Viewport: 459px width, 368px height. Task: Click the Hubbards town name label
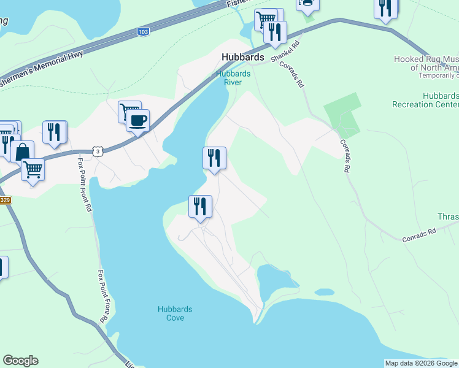coord(242,57)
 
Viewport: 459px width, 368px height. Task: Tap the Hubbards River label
coord(233,78)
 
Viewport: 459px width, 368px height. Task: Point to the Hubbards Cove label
coord(171,313)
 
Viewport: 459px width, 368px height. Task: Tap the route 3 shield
coord(98,150)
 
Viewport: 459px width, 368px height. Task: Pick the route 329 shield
coord(5,200)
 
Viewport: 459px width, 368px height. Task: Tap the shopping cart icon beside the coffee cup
coord(128,111)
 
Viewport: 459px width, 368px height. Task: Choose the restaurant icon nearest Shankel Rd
coord(276,31)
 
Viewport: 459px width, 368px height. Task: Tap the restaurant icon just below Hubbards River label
coord(214,158)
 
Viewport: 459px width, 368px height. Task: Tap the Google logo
coord(20,361)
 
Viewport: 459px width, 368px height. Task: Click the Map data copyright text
coord(421,363)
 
